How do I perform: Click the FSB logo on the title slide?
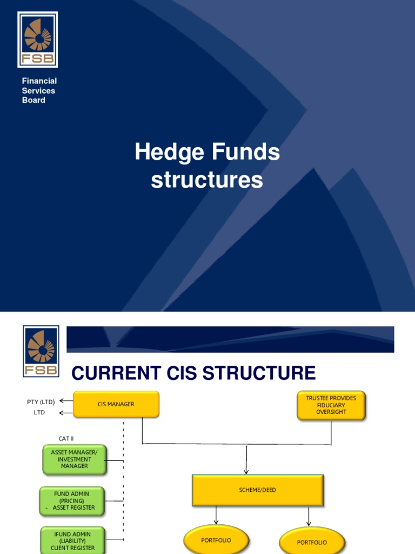click(37, 39)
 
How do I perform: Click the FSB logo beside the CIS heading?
click(41, 351)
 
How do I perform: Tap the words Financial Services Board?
click(39, 90)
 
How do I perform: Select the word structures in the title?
click(207, 180)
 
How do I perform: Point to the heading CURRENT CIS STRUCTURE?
click(193, 373)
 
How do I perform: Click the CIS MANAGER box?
click(116, 405)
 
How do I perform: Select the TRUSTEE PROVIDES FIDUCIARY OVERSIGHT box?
click(331, 405)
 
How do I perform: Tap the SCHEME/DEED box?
click(258, 490)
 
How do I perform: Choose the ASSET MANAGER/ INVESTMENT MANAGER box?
click(75, 459)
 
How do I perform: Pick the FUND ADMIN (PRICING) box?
click(72, 501)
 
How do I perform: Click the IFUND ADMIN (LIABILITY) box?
click(72, 541)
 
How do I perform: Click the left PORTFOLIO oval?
click(216, 540)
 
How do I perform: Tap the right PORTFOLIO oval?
click(312, 542)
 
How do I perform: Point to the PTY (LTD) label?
click(41, 401)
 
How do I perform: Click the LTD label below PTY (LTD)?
click(39, 413)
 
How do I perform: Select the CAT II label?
click(66, 438)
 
